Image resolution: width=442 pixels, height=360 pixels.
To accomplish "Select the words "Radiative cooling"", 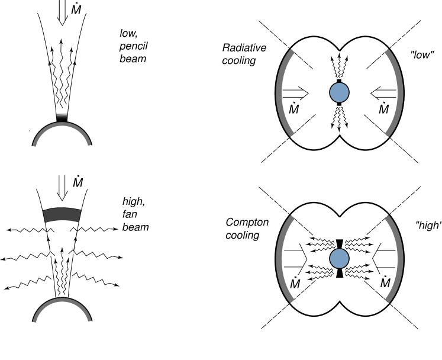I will tap(239, 54).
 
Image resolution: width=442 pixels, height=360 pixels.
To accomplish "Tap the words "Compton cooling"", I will tap(247, 229).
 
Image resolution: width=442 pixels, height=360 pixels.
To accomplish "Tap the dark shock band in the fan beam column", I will tap(61, 214).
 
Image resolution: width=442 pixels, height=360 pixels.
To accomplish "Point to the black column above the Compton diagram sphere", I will tap(339, 243).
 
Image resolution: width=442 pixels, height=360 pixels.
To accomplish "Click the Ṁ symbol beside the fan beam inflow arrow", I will tap(78, 182).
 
